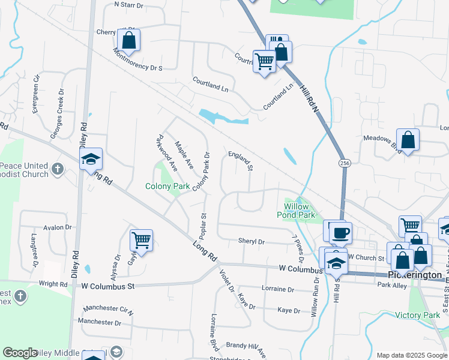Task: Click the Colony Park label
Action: (167, 187)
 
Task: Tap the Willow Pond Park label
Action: (295, 210)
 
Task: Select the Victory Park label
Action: (418, 315)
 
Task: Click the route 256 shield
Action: (344, 163)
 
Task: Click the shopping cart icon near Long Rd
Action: (141, 240)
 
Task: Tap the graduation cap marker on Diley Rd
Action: (91, 159)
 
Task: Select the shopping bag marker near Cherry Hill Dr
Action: (128, 40)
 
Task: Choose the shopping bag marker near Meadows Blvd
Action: (408, 140)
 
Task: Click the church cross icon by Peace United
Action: (58, 169)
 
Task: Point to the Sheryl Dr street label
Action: (252, 241)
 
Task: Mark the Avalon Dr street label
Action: (57, 227)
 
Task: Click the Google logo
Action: (20, 353)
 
